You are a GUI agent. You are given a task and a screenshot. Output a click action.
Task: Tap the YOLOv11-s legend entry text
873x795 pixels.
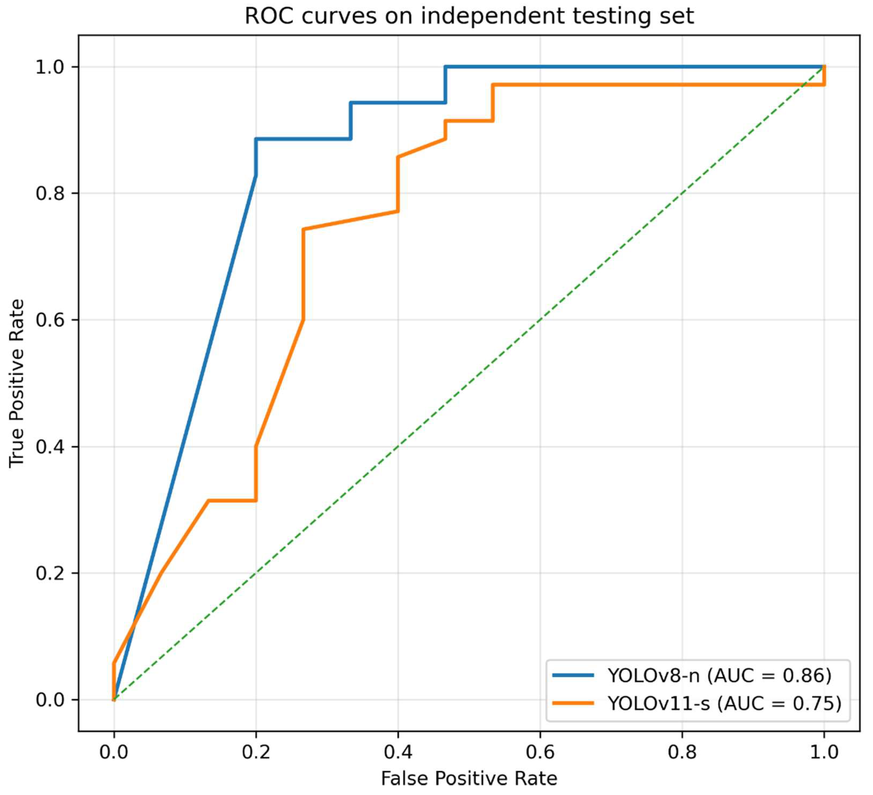click(x=724, y=703)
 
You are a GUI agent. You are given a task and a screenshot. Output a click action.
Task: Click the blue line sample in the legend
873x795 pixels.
click(x=573, y=675)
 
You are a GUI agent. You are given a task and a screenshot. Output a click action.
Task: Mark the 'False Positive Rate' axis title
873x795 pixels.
click(x=469, y=778)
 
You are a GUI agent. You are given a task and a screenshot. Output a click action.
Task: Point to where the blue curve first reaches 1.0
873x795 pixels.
click(x=445, y=67)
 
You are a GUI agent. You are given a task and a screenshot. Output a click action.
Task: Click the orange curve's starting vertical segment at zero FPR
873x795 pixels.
click(x=114, y=681)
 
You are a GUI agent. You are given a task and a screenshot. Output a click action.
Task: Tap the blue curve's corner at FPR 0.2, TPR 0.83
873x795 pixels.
click(x=256, y=175)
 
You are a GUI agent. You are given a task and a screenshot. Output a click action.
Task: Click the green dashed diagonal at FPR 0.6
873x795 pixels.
click(x=540, y=320)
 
